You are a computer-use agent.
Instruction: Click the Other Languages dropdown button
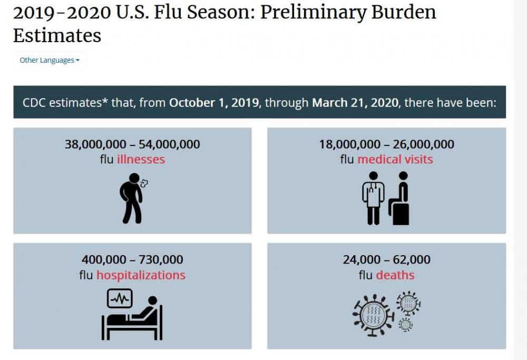pyautogui.click(x=50, y=60)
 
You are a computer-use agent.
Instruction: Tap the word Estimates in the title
pyautogui.click(x=57, y=36)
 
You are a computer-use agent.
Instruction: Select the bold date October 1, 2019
pyautogui.click(x=214, y=102)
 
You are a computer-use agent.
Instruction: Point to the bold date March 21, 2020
pyautogui.click(x=356, y=102)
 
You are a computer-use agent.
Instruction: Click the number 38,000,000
pyautogui.click(x=95, y=144)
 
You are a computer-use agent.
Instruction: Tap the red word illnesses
pyautogui.click(x=141, y=159)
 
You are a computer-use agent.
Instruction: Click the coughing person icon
pyautogui.click(x=132, y=198)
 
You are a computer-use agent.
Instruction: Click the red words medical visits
pyautogui.click(x=395, y=159)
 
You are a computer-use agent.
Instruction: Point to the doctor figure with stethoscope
pyautogui.click(x=373, y=198)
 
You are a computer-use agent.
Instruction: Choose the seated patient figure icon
pyautogui.click(x=399, y=199)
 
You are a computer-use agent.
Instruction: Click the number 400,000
pyautogui.click(x=104, y=259)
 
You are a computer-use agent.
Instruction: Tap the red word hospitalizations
pyautogui.click(x=141, y=275)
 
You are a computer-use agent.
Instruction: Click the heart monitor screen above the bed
pyautogui.click(x=120, y=298)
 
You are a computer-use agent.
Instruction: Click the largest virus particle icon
pyautogui.click(x=374, y=315)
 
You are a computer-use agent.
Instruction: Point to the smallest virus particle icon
pyautogui.click(x=405, y=325)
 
